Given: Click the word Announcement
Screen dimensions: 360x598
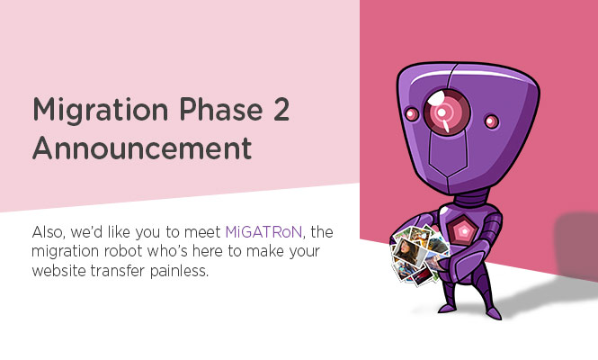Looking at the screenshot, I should pos(142,148).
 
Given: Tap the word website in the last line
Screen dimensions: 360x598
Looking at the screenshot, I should pos(58,270).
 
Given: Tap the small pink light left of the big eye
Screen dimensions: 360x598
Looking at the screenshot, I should pos(411,113).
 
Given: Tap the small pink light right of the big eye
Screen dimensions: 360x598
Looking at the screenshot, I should pos(491,121).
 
